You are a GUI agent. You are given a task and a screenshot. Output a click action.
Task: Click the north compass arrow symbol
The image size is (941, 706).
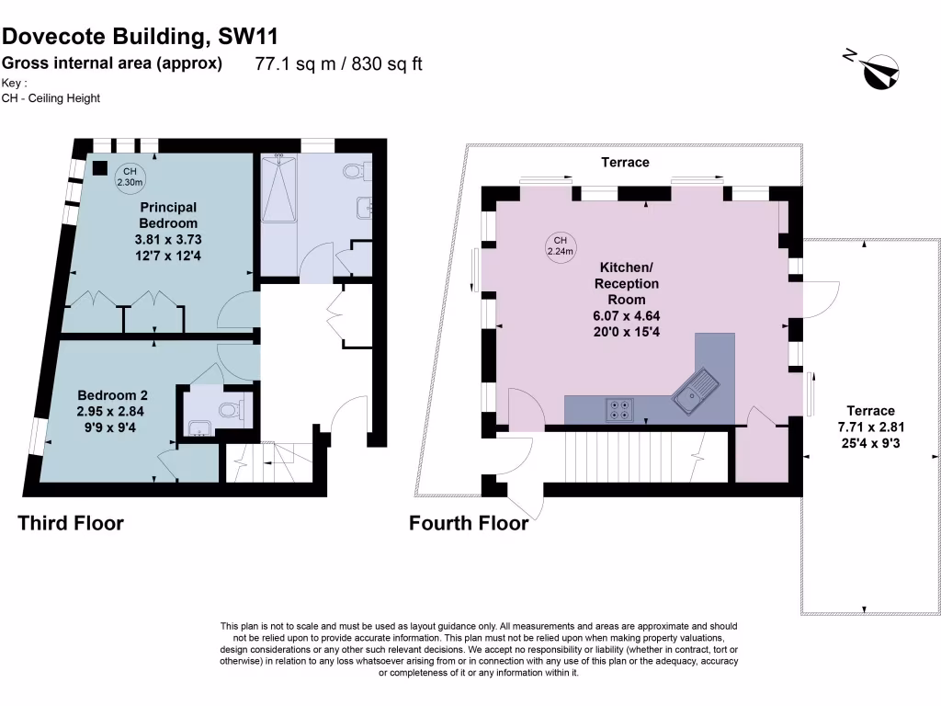click(x=880, y=69)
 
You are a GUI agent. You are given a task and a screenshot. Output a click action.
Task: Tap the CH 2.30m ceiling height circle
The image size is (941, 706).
click(x=130, y=176)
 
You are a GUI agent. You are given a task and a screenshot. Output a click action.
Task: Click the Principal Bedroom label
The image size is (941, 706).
click(x=168, y=215)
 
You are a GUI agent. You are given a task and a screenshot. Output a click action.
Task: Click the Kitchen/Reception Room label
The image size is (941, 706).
click(x=626, y=283)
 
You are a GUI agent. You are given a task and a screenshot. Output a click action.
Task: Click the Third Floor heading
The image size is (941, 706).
click(x=71, y=524)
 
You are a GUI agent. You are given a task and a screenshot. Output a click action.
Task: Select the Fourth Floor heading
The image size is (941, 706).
click(x=469, y=524)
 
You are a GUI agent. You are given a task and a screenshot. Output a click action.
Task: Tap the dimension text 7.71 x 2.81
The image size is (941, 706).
click(x=870, y=427)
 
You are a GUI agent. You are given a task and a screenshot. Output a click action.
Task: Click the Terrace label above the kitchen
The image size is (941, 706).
click(x=625, y=162)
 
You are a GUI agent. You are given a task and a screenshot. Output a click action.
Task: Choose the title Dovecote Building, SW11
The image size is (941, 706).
click(x=140, y=36)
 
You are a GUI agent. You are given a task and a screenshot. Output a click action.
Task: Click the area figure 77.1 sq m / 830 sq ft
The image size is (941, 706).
click(x=338, y=64)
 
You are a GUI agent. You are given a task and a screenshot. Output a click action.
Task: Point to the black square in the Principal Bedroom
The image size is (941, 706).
click(x=99, y=168)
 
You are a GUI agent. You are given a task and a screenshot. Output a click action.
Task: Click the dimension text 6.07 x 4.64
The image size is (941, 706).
click(x=626, y=315)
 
